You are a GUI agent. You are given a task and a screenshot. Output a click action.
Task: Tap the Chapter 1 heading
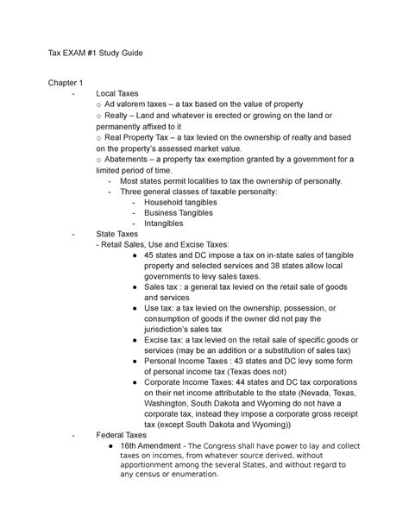click(x=68, y=83)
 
